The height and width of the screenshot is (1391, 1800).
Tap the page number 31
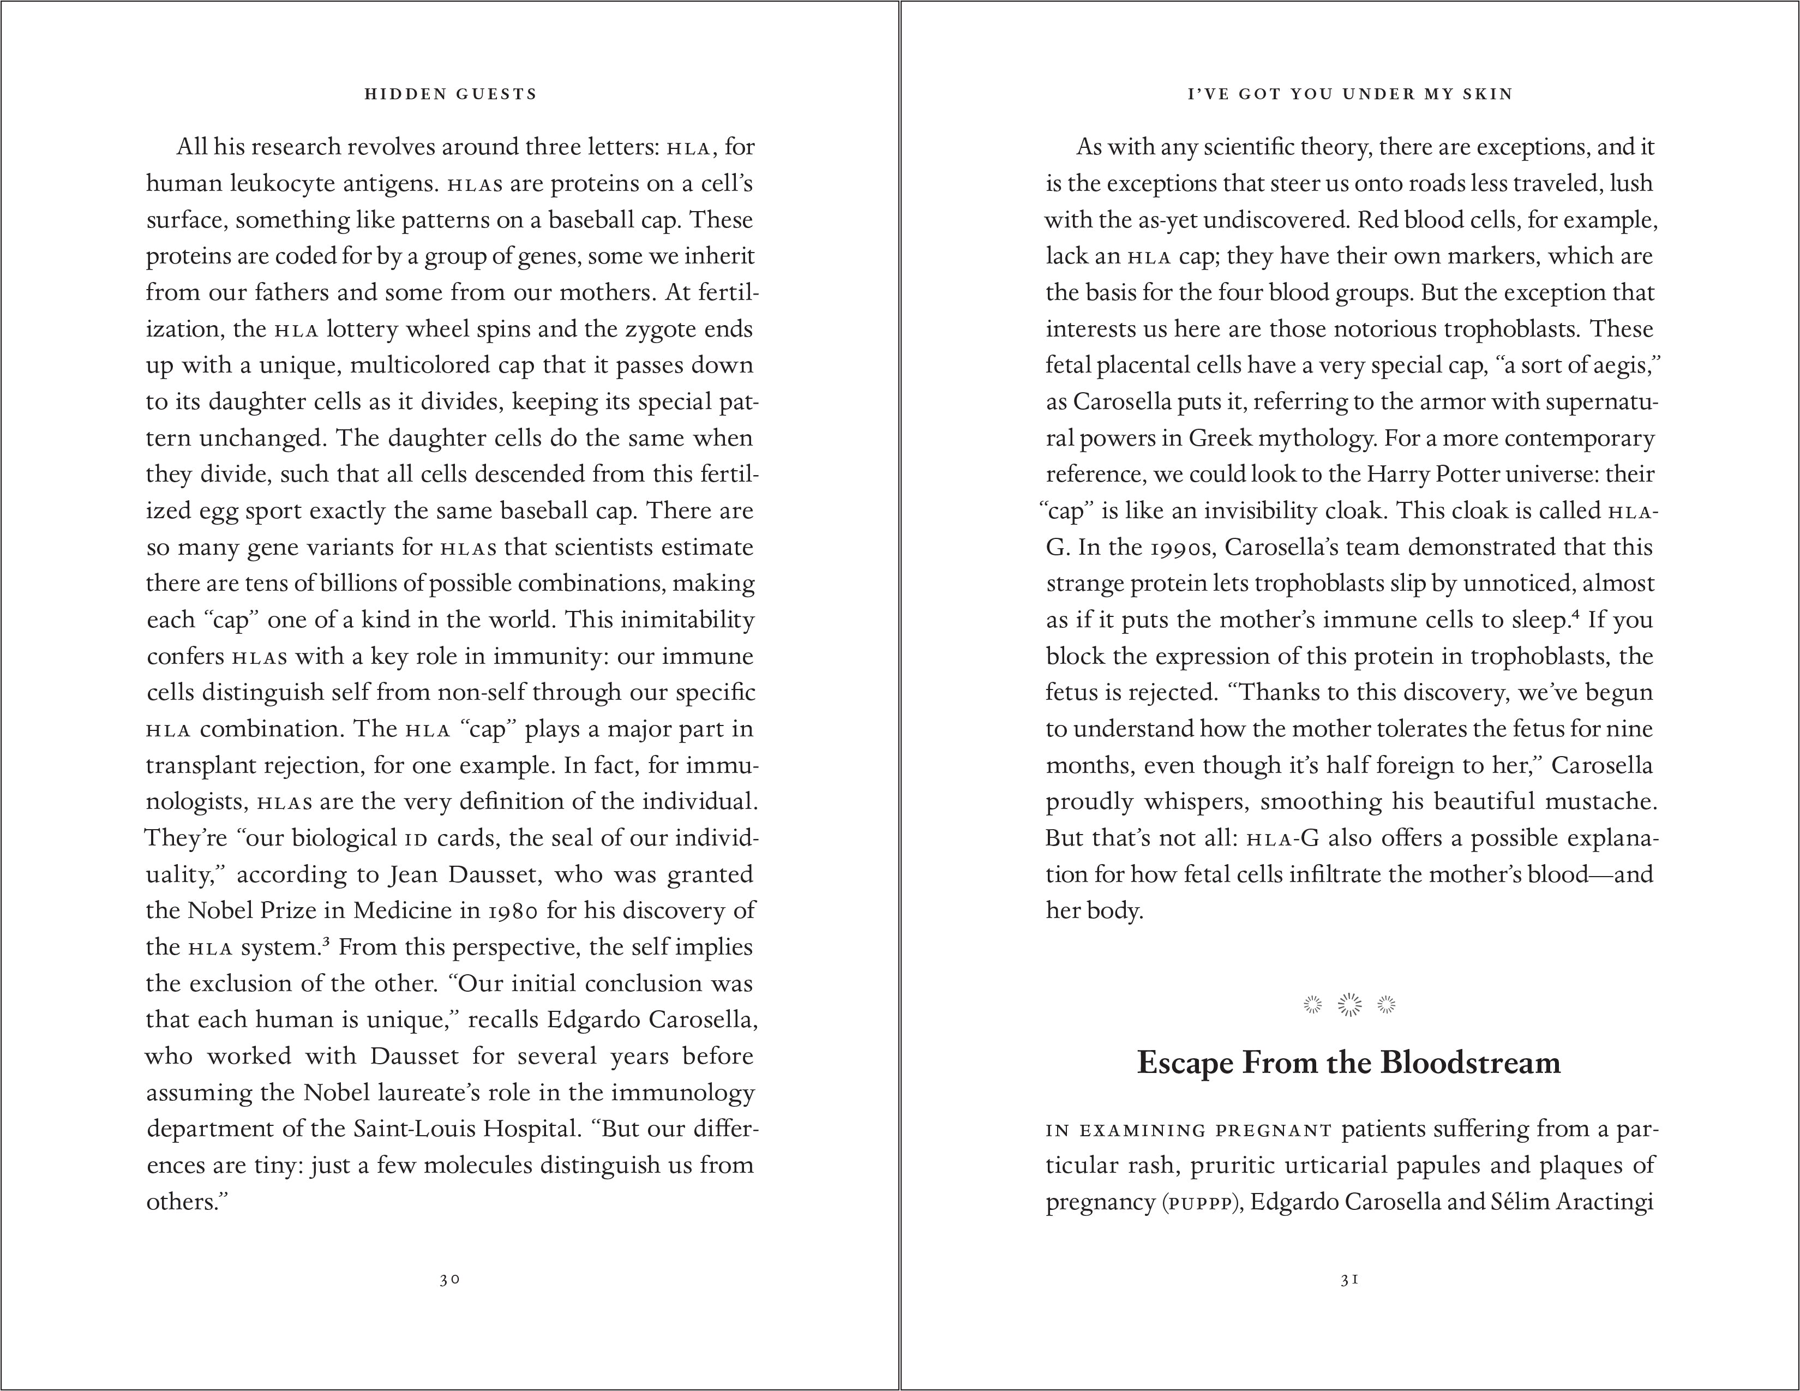click(x=1349, y=1280)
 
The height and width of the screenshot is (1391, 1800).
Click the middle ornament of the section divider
click(x=1349, y=1004)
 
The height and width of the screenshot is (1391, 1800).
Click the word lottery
click(x=363, y=329)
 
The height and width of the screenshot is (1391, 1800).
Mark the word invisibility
click(x=1260, y=511)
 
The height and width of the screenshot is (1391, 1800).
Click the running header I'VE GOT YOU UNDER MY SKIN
click(x=1349, y=94)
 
